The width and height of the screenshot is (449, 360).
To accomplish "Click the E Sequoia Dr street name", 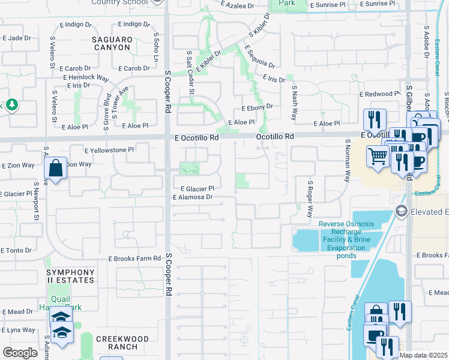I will click(259, 57).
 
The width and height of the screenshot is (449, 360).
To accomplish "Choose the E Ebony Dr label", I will click(257, 107).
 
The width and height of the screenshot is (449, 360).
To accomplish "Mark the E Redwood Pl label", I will click(379, 94).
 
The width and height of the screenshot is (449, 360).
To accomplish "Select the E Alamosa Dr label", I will click(193, 197).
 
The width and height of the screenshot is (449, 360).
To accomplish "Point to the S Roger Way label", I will click(310, 199).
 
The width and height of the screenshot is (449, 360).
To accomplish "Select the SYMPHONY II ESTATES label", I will click(70, 276).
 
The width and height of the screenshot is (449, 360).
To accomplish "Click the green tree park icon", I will click(11, 106).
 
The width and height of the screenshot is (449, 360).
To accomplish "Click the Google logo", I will click(20, 353).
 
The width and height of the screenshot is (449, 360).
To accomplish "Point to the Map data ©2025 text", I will click(423, 355).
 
